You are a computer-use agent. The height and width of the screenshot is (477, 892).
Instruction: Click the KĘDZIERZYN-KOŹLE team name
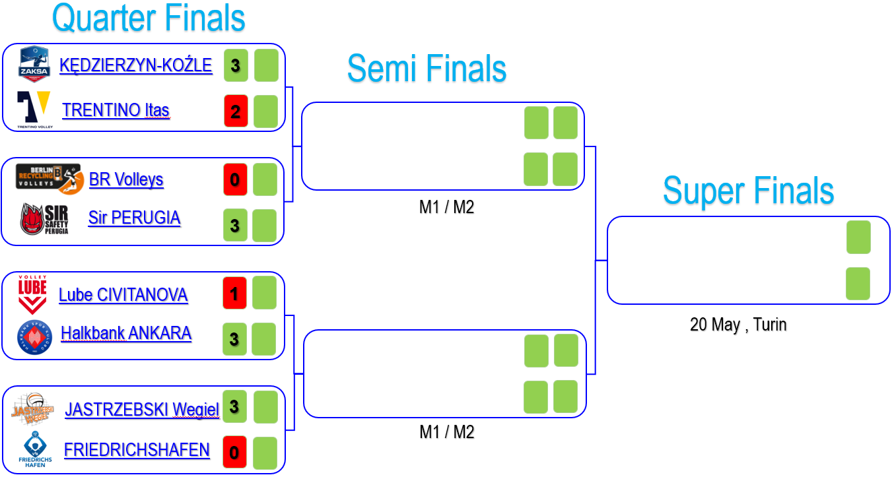pos(135,65)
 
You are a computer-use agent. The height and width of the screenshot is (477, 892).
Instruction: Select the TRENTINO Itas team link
pos(116,110)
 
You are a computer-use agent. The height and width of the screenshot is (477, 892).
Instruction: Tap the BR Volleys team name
pos(125,179)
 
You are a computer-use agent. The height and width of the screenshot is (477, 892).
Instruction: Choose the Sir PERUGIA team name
pos(134,218)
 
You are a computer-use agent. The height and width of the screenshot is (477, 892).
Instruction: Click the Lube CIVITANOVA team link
pos(123,294)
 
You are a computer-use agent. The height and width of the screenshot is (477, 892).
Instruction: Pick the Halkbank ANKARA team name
pos(126,333)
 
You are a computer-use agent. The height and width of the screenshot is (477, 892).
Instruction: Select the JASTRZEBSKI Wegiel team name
pos(141,410)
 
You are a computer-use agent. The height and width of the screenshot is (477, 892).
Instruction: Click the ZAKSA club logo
pos(34,64)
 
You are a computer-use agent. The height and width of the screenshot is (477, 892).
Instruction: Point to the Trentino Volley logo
pos(34,109)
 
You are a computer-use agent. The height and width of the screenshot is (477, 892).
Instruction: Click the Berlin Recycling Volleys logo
pos(50,179)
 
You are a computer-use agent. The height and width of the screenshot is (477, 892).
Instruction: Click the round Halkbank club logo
pos(34,337)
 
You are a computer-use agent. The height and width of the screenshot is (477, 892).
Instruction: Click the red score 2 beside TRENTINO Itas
pos(236,111)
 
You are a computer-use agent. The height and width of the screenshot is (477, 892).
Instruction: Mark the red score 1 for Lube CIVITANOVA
pos(234,293)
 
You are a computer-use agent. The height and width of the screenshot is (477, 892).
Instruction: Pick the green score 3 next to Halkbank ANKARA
pos(234,339)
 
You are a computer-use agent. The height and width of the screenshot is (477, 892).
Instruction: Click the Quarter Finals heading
pos(149,18)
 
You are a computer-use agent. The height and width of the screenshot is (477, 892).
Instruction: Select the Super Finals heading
pos(748,191)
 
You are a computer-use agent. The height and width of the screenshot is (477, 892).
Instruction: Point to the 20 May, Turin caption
pos(738,325)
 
